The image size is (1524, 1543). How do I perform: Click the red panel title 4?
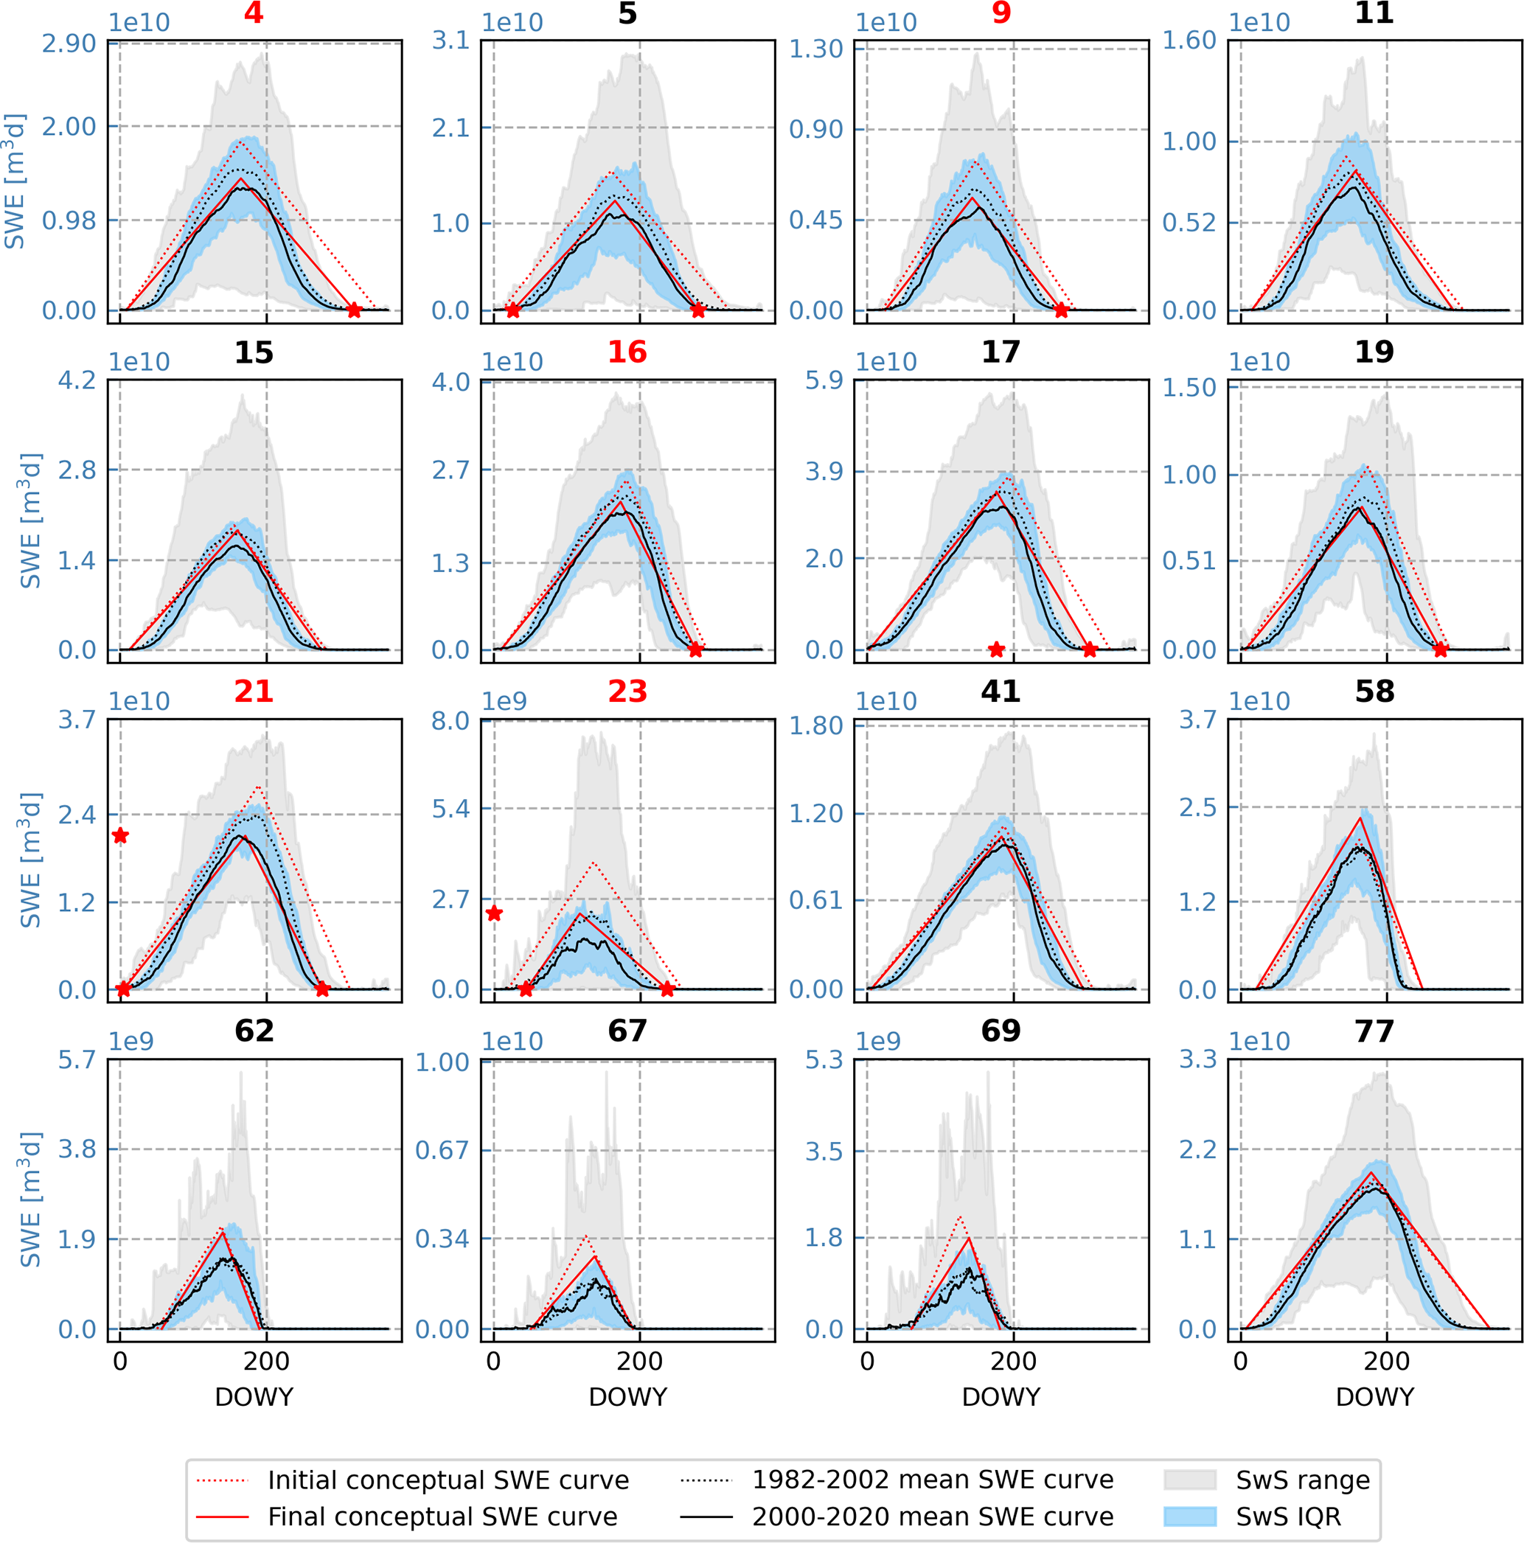click(x=253, y=13)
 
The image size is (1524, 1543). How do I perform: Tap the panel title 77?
click(x=1374, y=1031)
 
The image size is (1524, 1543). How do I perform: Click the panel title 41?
click(x=1000, y=692)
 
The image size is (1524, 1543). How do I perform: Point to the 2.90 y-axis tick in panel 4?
click(x=69, y=44)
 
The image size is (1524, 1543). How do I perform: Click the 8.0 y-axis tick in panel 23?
click(x=450, y=721)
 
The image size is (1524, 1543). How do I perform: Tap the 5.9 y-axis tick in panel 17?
click(x=824, y=381)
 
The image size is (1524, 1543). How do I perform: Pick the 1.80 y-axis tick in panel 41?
click(x=816, y=725)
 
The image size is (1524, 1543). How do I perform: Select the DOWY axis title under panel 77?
click(x=1374, y=1397)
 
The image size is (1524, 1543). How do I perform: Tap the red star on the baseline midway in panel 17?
click(x=996, y=650)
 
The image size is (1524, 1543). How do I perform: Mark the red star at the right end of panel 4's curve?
click(x=354, y=310)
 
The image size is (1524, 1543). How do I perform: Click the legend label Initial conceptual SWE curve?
click(x=448, y=1480)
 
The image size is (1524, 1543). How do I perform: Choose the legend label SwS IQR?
click(x=1288, y=1516)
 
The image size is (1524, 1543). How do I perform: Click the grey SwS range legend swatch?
click(x=1189, y=1480)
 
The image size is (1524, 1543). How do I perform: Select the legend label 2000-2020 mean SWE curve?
click(x=932, y=1516)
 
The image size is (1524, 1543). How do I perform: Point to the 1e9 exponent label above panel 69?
click(x=878, y=1042)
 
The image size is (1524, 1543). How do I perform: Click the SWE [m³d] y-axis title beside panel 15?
click(x=30, y=520)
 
